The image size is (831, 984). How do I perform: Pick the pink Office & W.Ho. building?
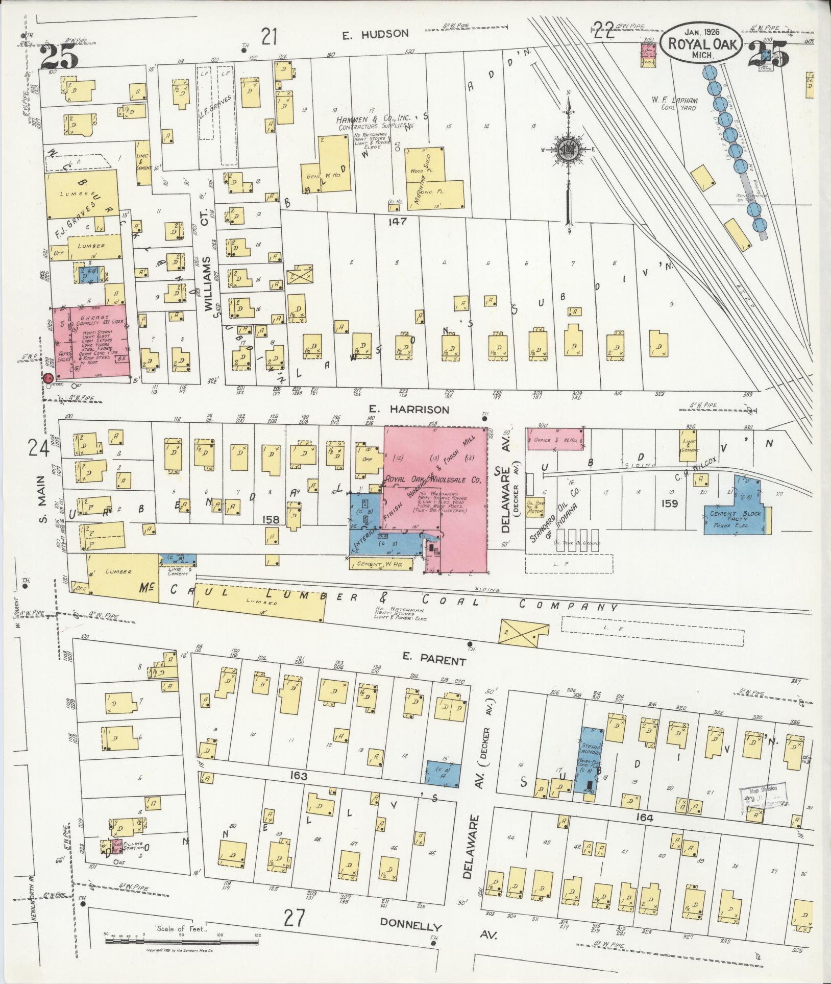(x=555, y=439)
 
